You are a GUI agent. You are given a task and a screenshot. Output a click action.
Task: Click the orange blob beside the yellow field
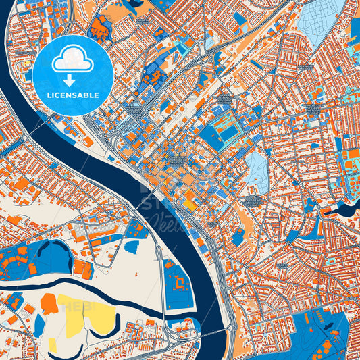click(x=49, y=304)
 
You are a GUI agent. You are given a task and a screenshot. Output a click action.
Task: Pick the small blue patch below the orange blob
click(x=39, y=325)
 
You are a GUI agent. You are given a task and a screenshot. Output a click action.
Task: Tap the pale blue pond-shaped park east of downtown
click(x=256, y=170)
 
